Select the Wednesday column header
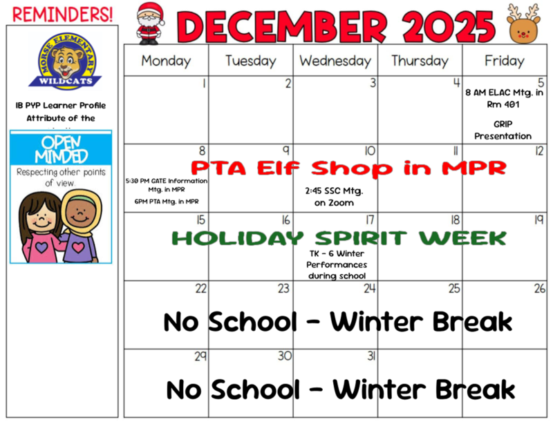click(335, 61)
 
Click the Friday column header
click(504, 61)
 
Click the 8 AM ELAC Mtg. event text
click(504, 99)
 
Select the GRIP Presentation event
click(503, 130)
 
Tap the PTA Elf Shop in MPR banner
click(348, 168)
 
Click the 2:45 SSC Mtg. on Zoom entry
click(334, 196)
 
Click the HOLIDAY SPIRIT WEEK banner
click(339, 238)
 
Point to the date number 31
click(371, 356)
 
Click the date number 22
click(200, 289)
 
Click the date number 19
click(539, 220)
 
